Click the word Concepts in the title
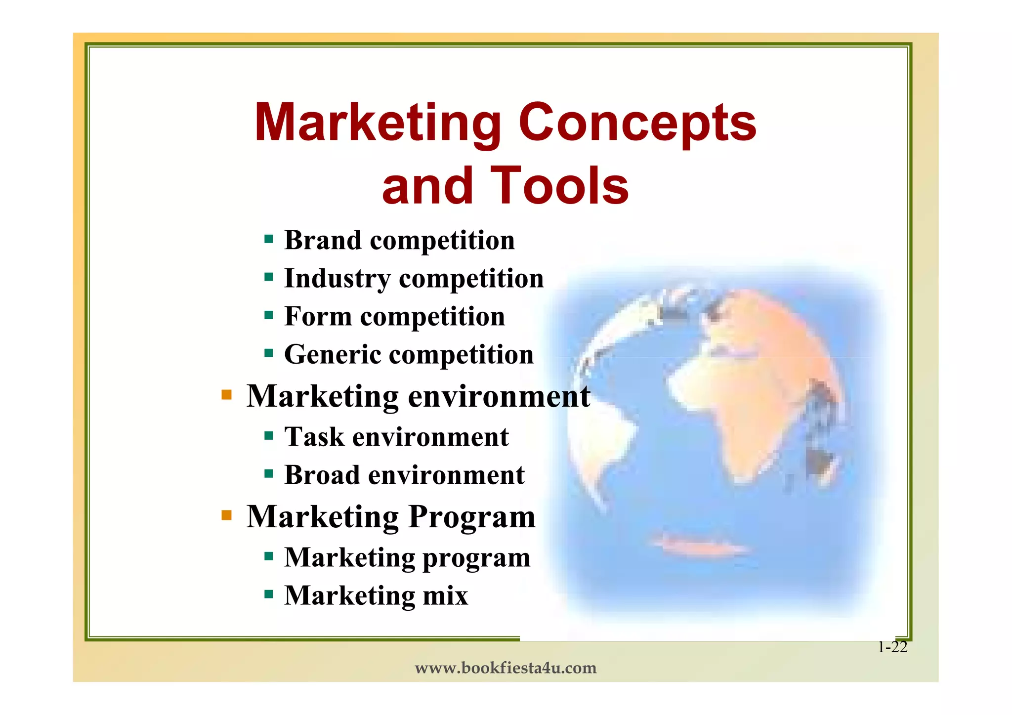click(637, 123)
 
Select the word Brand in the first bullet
click(323, 241)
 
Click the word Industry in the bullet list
click(337, 278)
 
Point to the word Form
click(318, 316)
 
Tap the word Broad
click(322, 475)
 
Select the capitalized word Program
click(472, 517)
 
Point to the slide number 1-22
click(892, 647)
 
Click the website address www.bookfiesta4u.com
click(506, 668)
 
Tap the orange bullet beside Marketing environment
click(227, 395)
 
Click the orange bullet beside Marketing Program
click(227, 515)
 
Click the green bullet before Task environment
click(269, 436)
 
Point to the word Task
click(314, 437)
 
